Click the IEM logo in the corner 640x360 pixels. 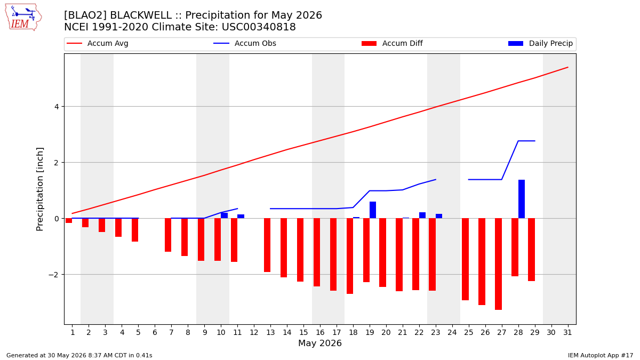(x=23, y=17)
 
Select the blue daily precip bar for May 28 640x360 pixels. (x=522, y=199)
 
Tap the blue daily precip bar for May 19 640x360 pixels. (x=373, y=210)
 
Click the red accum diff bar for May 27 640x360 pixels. (x=498, y=264)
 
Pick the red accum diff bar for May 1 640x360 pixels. (x=69, y=221)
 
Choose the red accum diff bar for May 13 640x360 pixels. (x=267, y=245)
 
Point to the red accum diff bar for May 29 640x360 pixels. (x=531, y=250)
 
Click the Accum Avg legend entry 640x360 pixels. (x=98, y=43)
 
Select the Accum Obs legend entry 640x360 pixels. (x=245, y=43)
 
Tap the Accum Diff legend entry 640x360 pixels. (x=392, y=43)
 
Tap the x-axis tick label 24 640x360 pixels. (x=452, y=332)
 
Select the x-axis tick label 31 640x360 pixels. (x=567, y=332)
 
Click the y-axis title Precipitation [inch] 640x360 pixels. (x=39, y=189)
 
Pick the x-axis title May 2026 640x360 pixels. (x=320, y=343)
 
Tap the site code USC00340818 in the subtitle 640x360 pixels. (x=259, y=27)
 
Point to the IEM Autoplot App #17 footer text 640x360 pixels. (x=601, y=355)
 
